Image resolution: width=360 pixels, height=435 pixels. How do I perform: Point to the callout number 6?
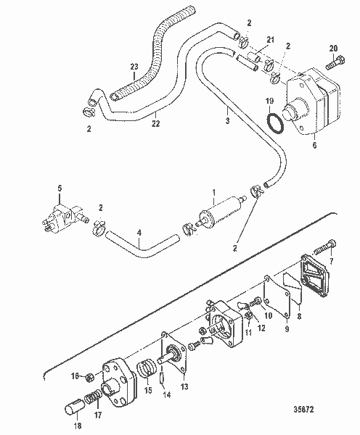(314, 145)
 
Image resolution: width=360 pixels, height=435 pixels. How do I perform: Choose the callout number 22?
(154, 124)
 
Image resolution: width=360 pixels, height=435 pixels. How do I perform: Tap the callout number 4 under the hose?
(139, 233)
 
